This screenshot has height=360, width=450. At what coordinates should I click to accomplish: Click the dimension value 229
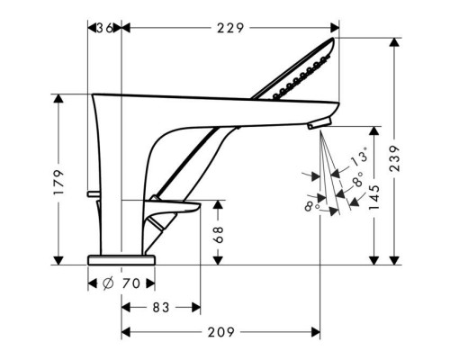tap(230, 28)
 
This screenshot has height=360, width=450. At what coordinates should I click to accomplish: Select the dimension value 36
tap(104, 28)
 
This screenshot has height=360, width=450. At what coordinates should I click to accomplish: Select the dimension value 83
tap(161, 308)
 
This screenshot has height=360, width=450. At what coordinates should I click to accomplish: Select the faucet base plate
tap(121, 258)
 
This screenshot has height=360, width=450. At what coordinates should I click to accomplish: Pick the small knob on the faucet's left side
tap(93, 194)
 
